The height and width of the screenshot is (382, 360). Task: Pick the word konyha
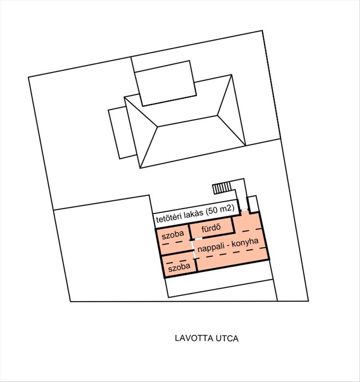245,244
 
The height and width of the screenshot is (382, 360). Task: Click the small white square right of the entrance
253,203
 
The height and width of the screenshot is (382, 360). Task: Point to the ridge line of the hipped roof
187,121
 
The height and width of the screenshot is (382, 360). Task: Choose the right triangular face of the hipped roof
232,113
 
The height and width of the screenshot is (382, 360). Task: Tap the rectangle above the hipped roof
165,83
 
